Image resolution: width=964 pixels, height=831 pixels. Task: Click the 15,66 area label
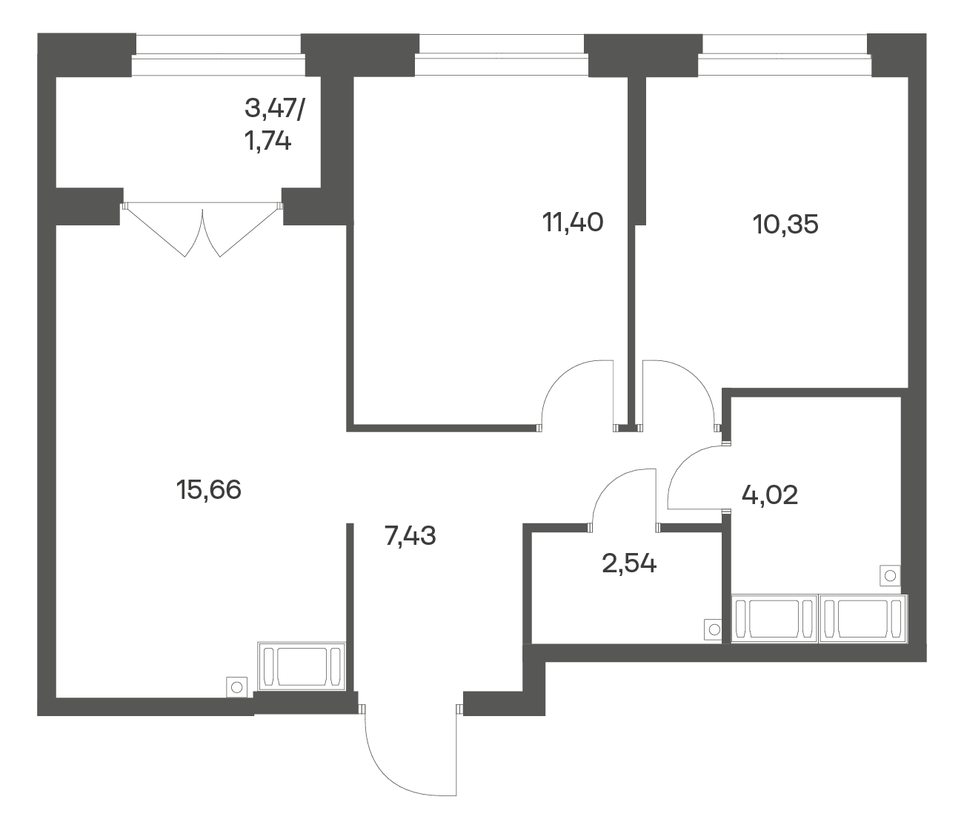coord(208,490)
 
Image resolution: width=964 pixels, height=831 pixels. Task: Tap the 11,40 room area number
coord(573,222)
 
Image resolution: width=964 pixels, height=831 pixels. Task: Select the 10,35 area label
coord(785,225)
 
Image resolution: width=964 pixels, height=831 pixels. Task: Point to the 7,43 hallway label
coord(410,536)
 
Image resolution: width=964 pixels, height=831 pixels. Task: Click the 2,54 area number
coord(629,563)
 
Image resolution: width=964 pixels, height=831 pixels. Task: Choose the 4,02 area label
coord(770,495)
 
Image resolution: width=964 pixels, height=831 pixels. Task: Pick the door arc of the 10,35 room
coord(696,379)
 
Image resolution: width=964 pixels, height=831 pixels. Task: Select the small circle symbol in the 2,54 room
coord(714,630)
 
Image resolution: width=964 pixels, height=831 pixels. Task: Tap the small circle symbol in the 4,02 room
coord(890,576)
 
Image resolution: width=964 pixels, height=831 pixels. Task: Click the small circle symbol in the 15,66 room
coord(236,687)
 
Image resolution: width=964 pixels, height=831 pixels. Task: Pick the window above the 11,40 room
coord(502,56)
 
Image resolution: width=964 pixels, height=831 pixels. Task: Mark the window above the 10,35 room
coord(785,56)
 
